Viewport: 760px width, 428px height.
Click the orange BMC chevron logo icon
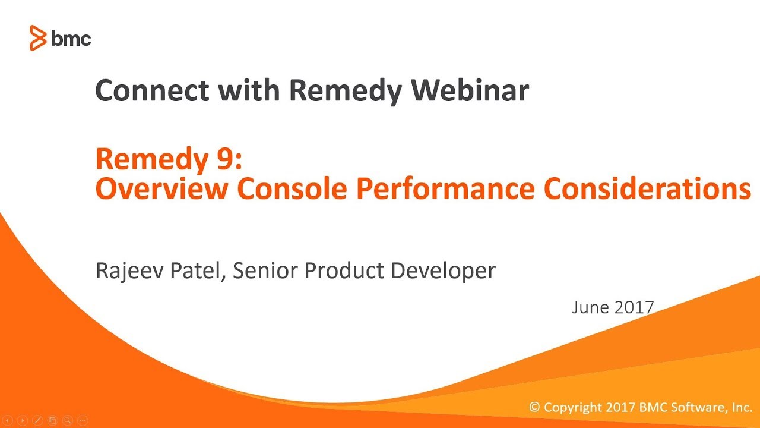pos(38,39)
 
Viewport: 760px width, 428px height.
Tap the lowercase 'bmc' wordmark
pos(71,39)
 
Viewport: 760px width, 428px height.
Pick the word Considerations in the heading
pos(648,189)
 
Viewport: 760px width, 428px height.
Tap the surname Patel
pos(195,270)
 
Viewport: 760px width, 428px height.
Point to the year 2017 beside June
pos(635,307)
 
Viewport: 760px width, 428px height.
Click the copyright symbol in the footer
pos(534,408)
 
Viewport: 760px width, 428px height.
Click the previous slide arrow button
pos(8,420)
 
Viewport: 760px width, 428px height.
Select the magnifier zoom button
pos(67,420)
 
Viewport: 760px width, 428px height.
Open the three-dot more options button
pos(83,420)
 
